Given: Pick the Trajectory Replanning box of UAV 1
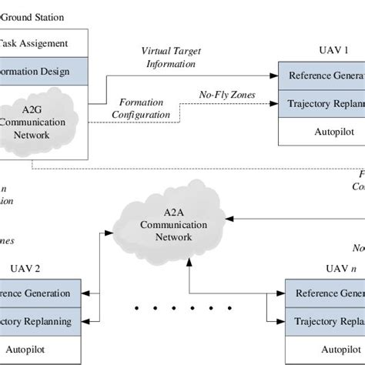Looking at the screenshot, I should coord(321,103).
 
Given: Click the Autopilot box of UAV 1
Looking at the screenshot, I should coord(321,131).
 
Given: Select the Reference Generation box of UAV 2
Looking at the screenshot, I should coord(39,293).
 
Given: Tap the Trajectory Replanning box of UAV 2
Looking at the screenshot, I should coord(39,321).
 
